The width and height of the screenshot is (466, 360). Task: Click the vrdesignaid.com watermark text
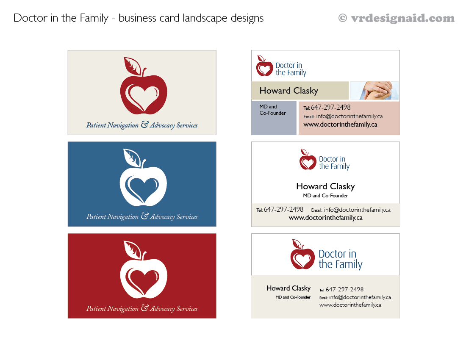402,18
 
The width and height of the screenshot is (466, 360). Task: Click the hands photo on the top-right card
375,91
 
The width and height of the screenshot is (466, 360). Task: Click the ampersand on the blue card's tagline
144,216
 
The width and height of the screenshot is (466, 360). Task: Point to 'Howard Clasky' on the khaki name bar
288,91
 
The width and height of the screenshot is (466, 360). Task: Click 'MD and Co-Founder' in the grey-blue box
272,110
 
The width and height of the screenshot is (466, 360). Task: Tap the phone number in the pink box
330,108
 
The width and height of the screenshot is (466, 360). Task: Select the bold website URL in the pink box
340,125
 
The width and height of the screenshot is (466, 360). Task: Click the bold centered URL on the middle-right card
325,218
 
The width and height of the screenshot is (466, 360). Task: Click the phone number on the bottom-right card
344,289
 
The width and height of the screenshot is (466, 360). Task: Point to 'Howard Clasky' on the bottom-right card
288,288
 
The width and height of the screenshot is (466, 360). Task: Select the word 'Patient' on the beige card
96,125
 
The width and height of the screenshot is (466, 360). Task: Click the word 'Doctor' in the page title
28,18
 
